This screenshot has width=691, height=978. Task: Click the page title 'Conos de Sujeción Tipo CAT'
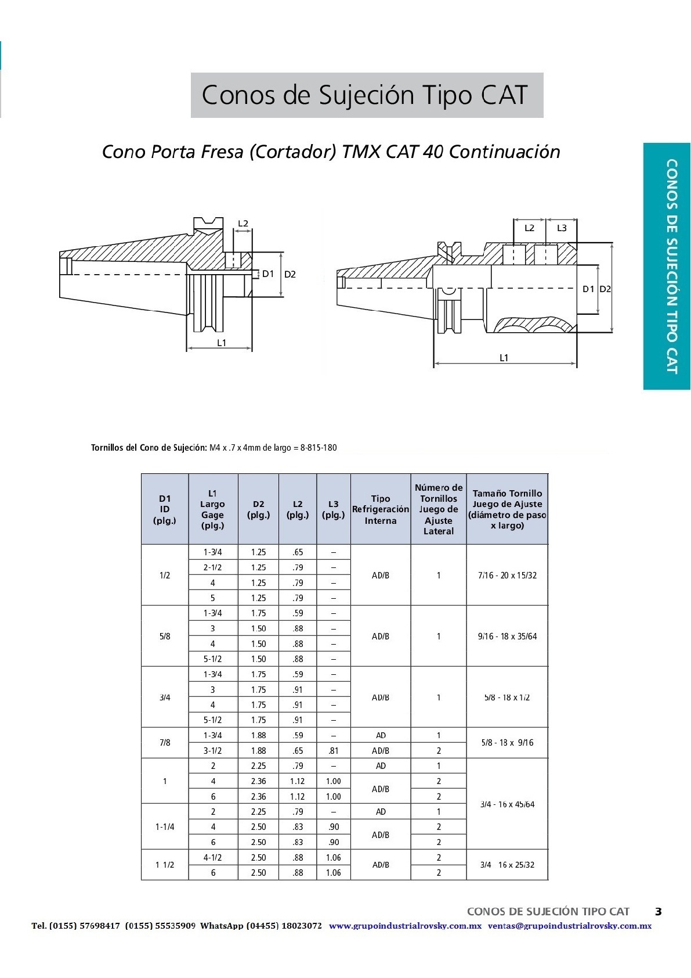point(366,95)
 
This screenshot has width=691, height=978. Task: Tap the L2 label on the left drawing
point(243,224)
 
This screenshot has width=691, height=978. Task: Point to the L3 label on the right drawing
point(562,228)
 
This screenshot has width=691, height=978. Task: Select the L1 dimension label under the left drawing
point(222,343)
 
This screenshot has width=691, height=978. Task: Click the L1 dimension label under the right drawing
point(504,358)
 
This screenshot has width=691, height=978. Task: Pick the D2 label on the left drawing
point(290,274)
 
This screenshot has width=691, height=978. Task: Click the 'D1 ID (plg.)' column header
point(165,509)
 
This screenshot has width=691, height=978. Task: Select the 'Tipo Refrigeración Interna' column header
point(381,509)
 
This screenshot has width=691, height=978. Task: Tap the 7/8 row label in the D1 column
point(165,743)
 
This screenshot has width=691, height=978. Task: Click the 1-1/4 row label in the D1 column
point(165,826)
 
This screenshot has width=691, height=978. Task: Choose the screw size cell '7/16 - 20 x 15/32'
point(507,576)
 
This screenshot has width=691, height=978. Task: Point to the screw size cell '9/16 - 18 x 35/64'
point(507,637)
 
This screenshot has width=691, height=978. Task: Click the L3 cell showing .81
point(334,750)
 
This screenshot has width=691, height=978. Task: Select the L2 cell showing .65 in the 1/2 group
point(298,552)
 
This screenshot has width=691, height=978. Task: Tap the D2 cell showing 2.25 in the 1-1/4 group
point(258,811)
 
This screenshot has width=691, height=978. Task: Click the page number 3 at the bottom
point(658,911)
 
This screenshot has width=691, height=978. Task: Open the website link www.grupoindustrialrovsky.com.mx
point(405,926)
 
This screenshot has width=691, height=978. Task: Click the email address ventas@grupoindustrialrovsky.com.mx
point(569,926)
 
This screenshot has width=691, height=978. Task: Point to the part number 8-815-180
point(319,448)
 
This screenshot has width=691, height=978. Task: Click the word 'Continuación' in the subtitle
point(505,152)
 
